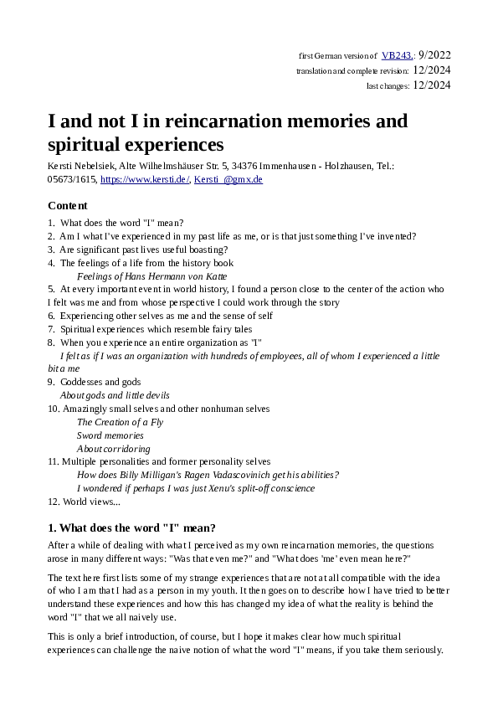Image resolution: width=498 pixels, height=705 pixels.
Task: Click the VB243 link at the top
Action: tap(396, 55)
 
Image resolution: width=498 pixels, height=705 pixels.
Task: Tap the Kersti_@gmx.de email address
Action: tap(228, 179)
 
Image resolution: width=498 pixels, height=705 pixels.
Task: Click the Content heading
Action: tap(68, 205)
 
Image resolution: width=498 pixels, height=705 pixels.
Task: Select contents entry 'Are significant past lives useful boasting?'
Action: tap(144, 250)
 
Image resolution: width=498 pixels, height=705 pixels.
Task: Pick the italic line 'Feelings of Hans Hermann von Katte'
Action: tap(151, 275)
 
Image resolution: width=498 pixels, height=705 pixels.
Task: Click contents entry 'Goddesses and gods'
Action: tap(100, 382)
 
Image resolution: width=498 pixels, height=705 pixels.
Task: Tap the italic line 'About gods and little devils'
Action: tap(115, 395)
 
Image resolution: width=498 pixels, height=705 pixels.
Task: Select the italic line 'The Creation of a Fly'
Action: tap(120, 422)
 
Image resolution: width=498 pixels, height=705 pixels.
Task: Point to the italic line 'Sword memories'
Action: tap(110, 435)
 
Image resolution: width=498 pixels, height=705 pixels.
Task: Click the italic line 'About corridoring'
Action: tap(114, 449)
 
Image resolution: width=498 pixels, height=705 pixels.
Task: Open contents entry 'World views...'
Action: tap(91, 502)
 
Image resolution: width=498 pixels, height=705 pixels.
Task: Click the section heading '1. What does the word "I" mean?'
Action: tap(132, 527)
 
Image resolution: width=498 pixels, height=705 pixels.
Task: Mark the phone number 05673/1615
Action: tap(71, 179)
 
